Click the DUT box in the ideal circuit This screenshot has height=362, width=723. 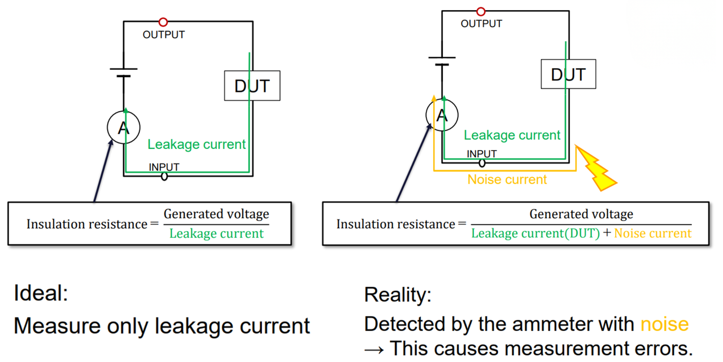(x=252, y=86)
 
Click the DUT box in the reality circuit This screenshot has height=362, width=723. (x=568, y=74)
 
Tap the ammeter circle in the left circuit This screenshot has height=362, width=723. (x=124, y=127)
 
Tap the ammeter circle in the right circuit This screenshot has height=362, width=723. (x=442, y=116)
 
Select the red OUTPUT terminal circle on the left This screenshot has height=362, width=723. (x=163, y=22)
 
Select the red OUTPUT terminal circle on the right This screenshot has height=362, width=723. (x=481, y=11)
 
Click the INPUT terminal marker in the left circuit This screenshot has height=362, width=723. (x=164, y=176)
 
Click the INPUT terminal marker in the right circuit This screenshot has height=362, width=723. (x=482, y=163)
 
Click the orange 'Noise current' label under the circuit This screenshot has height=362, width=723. (x=507, y=180)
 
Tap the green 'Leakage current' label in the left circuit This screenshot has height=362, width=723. (x=197, y=144)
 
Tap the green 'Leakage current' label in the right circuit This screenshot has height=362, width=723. (x=512, y=135)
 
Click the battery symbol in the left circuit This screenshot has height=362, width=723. (x=124, y=73)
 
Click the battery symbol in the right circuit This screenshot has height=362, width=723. (x=442, y=61)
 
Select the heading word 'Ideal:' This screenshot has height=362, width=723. (x=41, y=294)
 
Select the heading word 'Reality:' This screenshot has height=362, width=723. (x=398, y=294)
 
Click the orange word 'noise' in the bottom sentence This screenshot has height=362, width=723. (x=664, y=324)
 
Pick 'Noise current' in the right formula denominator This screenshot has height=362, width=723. (x=652, y=233)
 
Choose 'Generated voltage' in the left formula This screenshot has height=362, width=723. (x=216, y=215)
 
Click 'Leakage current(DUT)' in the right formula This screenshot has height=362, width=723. (x=535, y=233)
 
